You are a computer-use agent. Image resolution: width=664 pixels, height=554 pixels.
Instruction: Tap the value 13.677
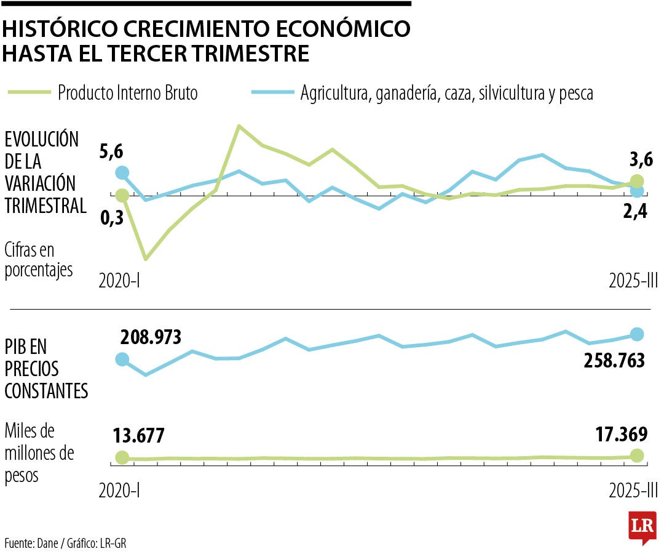click(138, 435)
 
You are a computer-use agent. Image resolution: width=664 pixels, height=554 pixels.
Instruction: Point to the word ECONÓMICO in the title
click(342, 30)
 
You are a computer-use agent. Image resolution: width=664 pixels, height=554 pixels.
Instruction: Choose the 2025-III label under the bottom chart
click(633, 490)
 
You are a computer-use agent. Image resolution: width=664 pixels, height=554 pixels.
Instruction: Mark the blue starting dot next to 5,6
click(122, 173)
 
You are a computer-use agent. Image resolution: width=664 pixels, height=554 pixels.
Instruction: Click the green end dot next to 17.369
click(637, 456)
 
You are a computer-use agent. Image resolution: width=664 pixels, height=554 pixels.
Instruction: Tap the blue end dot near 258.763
click(637, 334)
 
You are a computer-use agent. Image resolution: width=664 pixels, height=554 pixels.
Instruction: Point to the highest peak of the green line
click(239, 126)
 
